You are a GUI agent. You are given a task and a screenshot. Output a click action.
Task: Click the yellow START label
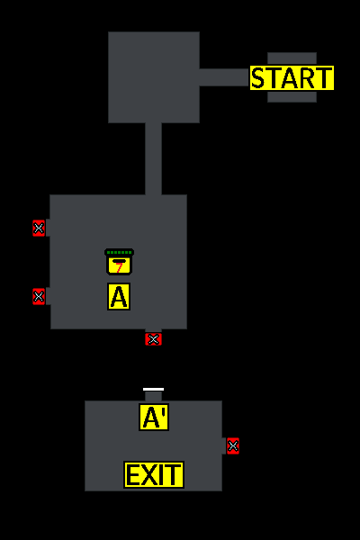292,77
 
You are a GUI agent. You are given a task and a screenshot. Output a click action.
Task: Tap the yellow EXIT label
154,474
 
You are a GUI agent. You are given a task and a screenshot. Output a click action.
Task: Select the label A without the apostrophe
119,296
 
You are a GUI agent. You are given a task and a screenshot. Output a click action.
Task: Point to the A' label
154,417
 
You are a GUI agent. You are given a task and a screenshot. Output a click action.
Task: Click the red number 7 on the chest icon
119,267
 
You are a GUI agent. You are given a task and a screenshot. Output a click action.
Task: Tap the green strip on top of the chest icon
119,252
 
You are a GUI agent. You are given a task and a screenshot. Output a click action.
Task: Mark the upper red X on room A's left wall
39,228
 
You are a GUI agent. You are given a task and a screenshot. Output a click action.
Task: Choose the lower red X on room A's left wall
39,296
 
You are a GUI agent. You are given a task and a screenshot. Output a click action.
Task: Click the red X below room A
153,339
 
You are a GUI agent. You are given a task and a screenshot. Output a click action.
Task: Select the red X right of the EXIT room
233,446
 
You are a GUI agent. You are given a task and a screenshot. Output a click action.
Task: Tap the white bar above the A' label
153,389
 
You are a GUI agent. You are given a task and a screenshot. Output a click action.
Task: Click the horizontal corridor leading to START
225,77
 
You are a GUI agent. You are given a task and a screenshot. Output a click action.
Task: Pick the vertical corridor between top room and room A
153,158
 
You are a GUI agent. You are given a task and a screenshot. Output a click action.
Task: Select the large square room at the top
154,77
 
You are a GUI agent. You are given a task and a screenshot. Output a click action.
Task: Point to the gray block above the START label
292,58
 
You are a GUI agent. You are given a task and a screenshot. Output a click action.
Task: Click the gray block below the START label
292,96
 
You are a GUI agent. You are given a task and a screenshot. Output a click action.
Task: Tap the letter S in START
258,78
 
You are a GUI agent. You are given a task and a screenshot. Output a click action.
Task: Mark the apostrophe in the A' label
164,410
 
